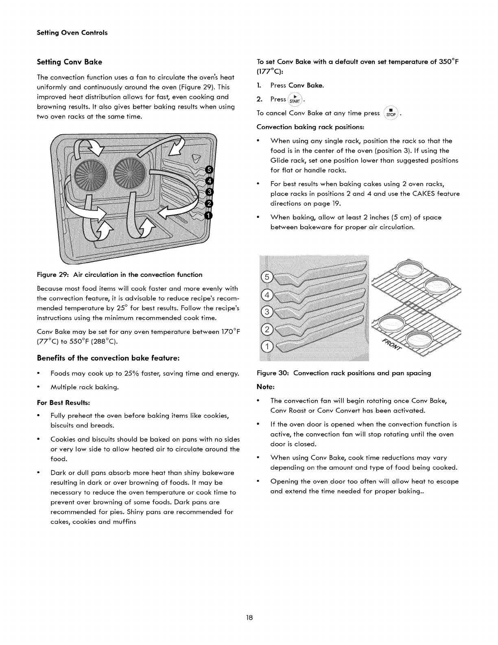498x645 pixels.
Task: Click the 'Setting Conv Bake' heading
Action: tap(69, 62)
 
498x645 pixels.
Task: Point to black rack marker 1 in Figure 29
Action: tap(209, 215)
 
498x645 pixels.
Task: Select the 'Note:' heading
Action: tap(266, 385)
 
